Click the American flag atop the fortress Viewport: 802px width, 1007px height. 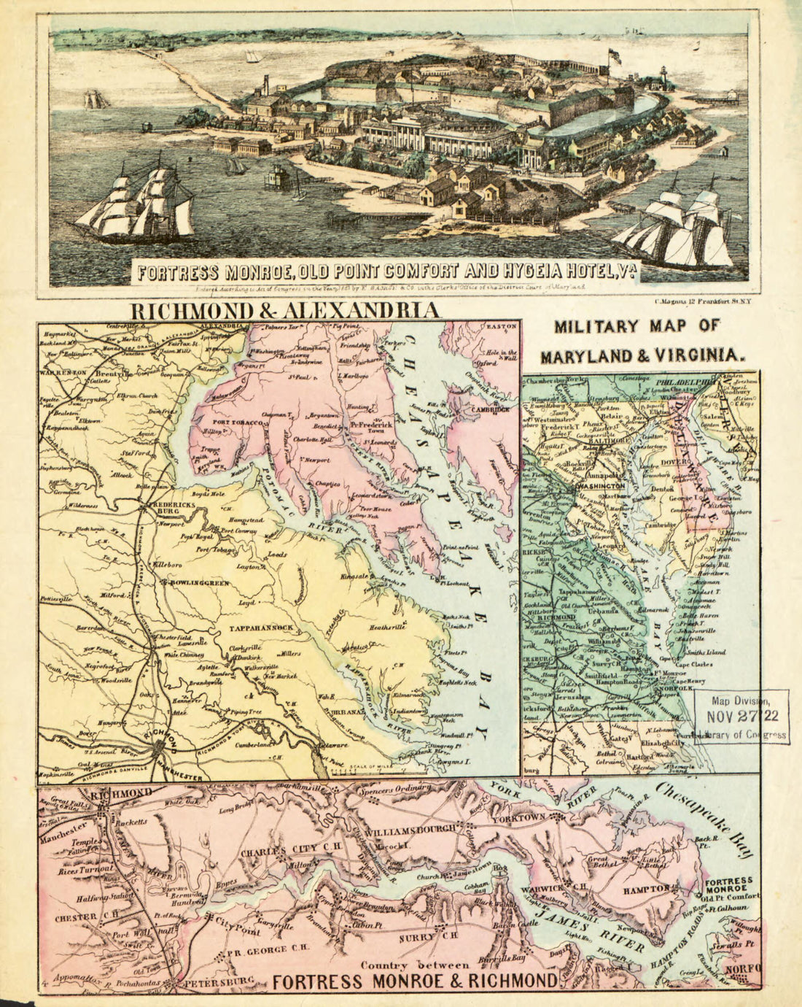point(615,55)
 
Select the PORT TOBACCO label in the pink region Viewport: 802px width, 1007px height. point(237,423)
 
